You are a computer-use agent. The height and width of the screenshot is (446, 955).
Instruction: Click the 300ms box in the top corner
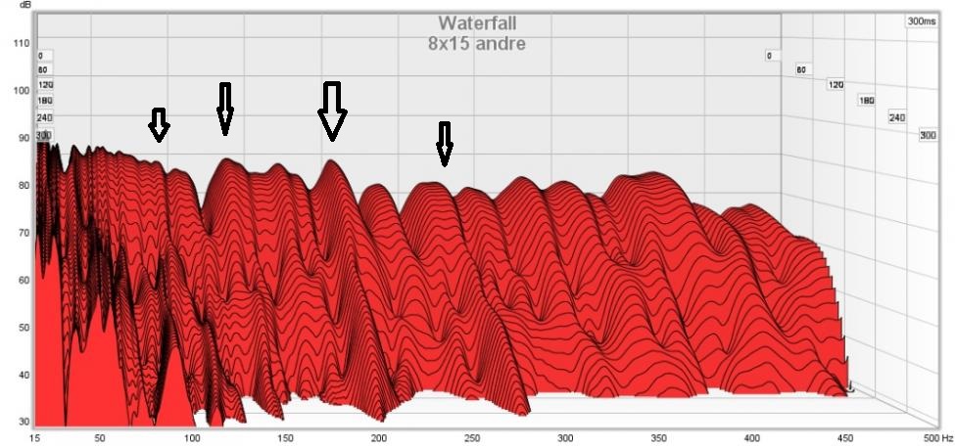[x=922, y=21]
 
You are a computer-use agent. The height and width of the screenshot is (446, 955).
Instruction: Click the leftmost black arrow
[x=159, y=125]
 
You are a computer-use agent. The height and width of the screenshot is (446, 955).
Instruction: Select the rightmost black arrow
[x=445, y=143]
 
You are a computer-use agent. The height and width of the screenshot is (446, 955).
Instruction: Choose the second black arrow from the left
[x=225, y=108]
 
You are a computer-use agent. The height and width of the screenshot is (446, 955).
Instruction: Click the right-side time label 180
[x=866, y=101]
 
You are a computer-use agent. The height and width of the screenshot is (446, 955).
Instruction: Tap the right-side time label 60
[x=800, y=69]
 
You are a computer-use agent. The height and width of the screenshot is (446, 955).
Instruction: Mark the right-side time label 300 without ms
[x=928, y=135]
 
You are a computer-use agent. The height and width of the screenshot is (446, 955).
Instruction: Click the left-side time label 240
[x=45, y=117]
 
